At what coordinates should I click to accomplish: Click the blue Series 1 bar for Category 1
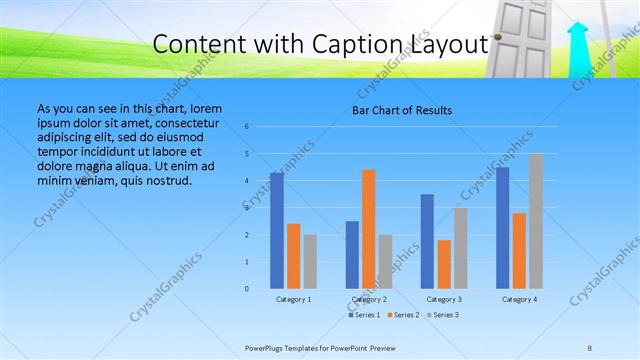[277, 230]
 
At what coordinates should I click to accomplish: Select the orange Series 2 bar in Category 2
[369, 229]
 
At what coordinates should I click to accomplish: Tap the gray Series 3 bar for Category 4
[536, 221]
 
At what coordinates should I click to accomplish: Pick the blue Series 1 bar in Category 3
[427, 241]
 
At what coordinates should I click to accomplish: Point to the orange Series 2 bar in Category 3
[444, 264]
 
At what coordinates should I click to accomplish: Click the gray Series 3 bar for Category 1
[310, 261]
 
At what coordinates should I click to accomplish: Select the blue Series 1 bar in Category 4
[503, 228]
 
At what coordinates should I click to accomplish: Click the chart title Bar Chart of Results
[402, 110]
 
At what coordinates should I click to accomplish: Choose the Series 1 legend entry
[364, 315]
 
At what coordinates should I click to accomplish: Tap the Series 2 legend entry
[402, 315]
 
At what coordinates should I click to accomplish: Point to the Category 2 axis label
[369, 299]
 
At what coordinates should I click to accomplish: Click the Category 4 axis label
[519, 299]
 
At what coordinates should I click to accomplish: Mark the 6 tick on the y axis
[247, 127]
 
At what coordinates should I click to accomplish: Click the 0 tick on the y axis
[247, 289]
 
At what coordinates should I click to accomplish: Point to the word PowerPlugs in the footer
[268, 348]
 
